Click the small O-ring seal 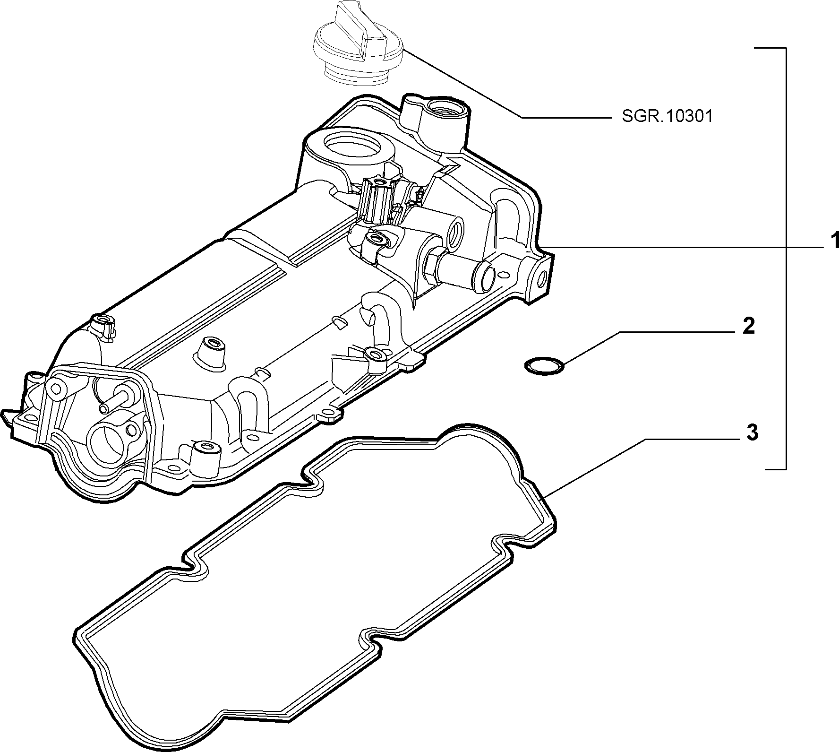(544, 366)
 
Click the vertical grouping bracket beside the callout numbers (786, 258)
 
